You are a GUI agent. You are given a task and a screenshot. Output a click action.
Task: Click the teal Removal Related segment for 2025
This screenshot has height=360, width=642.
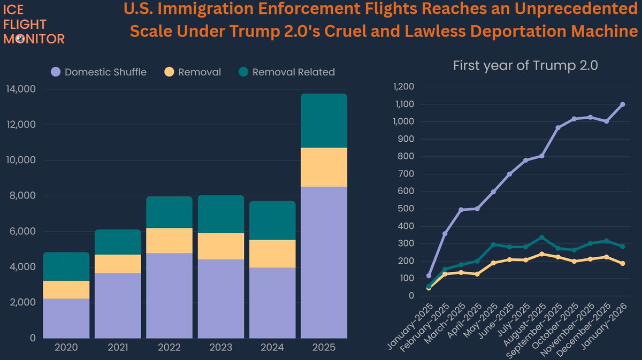[x=324, y=120]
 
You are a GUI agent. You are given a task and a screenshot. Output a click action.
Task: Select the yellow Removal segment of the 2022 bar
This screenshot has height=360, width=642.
[x=169, y=240]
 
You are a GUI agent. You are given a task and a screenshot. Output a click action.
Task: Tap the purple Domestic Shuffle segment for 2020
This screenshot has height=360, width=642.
[x=66, y=318]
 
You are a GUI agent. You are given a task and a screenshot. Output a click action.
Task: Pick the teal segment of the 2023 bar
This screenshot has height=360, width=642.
[x=220, y=214]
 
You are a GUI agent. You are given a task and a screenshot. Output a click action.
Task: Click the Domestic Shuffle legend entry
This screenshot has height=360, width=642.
[x=99, y=72]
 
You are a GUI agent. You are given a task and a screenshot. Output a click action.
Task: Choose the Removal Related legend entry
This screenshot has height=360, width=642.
[x=286, y=72]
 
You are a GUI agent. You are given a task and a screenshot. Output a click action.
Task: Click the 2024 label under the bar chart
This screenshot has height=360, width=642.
[x=272, y=347]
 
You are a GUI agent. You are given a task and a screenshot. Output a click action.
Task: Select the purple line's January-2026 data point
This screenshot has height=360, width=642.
[x=623, y=104]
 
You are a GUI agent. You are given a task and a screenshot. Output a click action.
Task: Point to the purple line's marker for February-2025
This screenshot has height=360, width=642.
[x=445, y=233]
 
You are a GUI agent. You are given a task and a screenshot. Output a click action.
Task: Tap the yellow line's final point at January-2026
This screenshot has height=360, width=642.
[x=623, y=263]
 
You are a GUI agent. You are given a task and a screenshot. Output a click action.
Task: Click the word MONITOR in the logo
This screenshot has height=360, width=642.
[x=34, y=39]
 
